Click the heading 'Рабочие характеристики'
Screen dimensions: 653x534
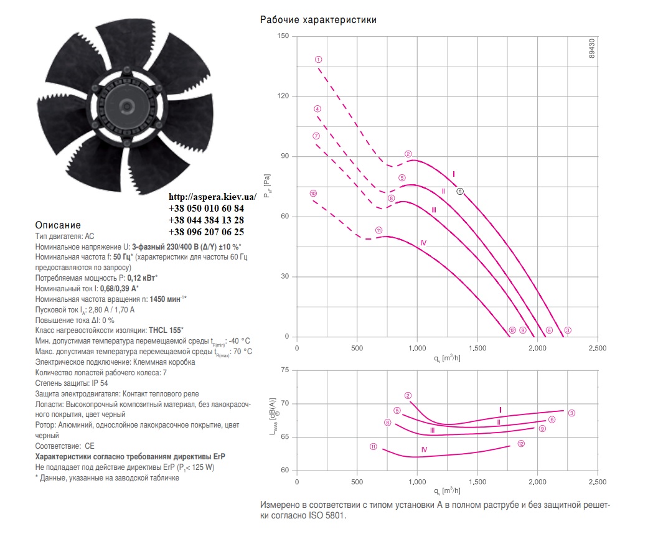(x=318, y=19)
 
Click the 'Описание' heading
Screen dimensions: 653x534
(x=58, y=225)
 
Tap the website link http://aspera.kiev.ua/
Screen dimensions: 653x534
(x=212, y=197)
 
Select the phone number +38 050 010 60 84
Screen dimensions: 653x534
(x=206, y=208)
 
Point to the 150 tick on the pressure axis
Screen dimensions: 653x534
(x=283, y=36)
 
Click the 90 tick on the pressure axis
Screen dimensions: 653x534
(x=285, y=156)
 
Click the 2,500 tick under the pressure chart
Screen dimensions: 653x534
(x=597, y=349)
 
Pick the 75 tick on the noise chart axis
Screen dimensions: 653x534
(x=285, y=370)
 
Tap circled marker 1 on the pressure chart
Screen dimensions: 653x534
(x=319, y=60)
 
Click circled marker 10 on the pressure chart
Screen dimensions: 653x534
(x=313, y=193)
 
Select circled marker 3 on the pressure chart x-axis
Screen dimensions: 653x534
(x=568, y=330)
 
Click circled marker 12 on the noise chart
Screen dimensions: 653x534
(x=521, y=444)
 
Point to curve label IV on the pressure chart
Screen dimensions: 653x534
(x=423, y=243)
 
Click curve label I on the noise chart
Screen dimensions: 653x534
(x=500, y=410)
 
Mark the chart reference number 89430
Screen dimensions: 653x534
(x=592, y=49)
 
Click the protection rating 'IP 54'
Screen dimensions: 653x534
(x=100, y=383)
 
